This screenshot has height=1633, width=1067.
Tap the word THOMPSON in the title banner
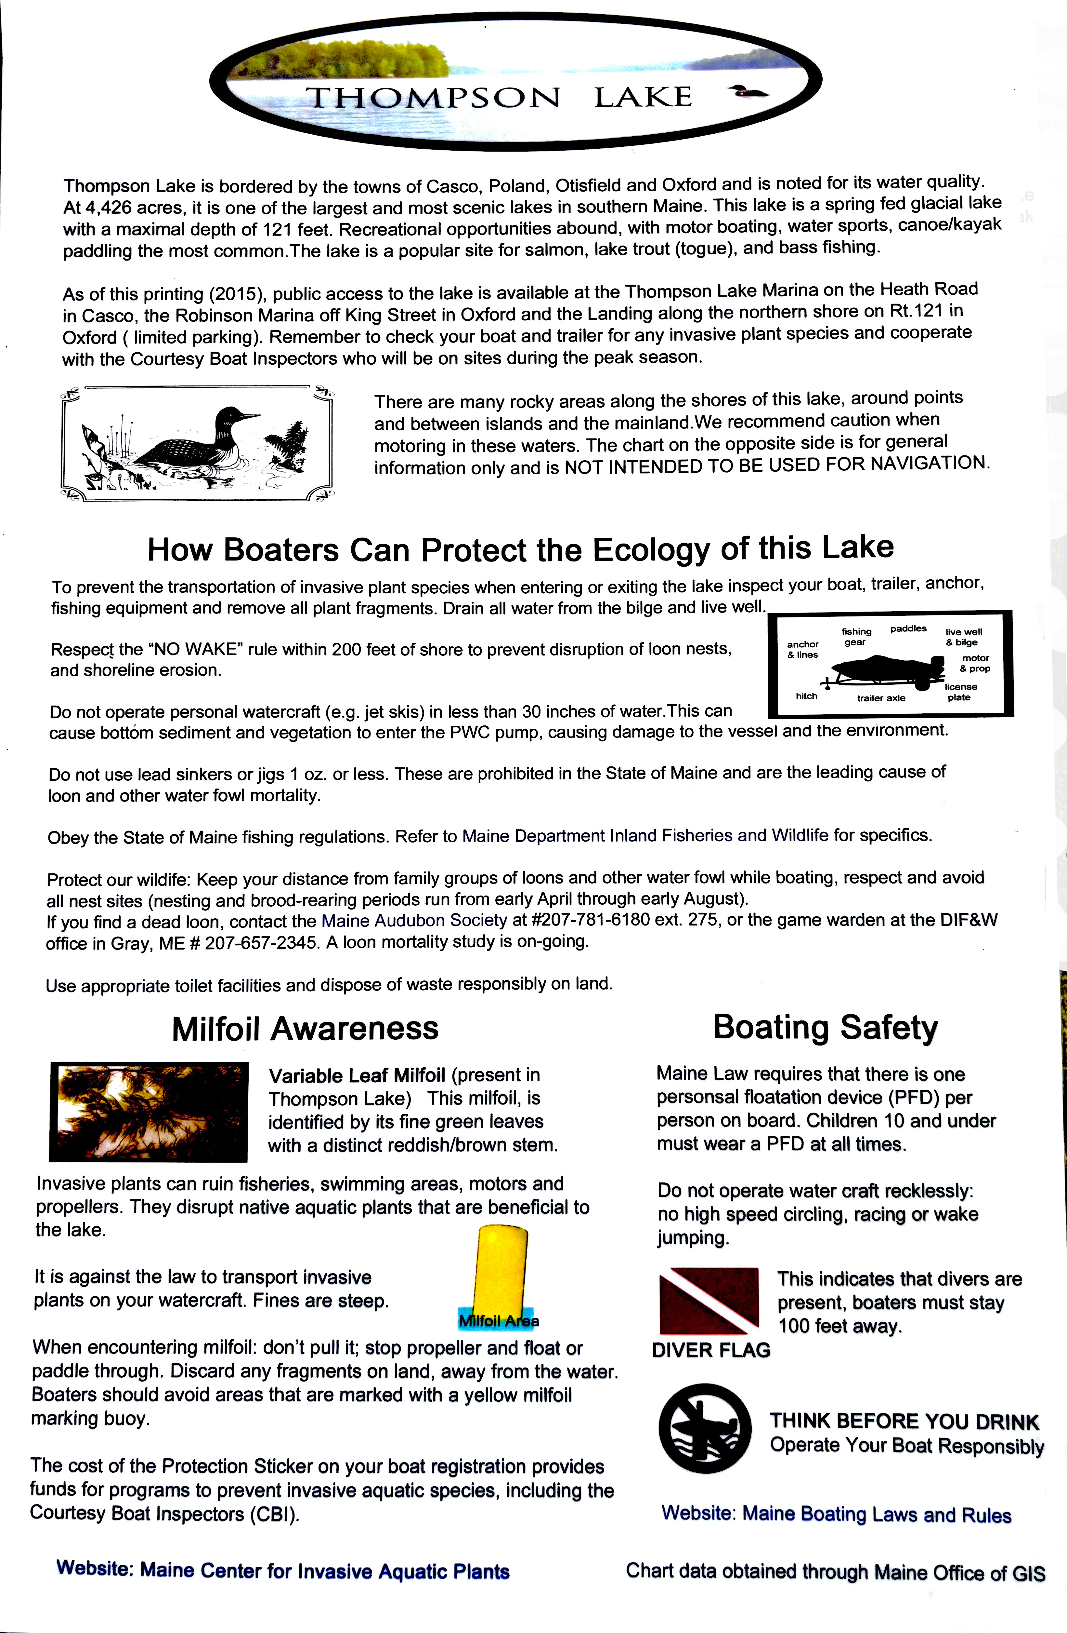[433, 98]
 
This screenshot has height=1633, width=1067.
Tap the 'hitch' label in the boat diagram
[806, 696]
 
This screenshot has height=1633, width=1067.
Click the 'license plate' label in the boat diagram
[960, 692]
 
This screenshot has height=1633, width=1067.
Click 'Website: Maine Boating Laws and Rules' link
[836, 1514]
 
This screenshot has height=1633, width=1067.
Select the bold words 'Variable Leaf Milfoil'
[357, 1075]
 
